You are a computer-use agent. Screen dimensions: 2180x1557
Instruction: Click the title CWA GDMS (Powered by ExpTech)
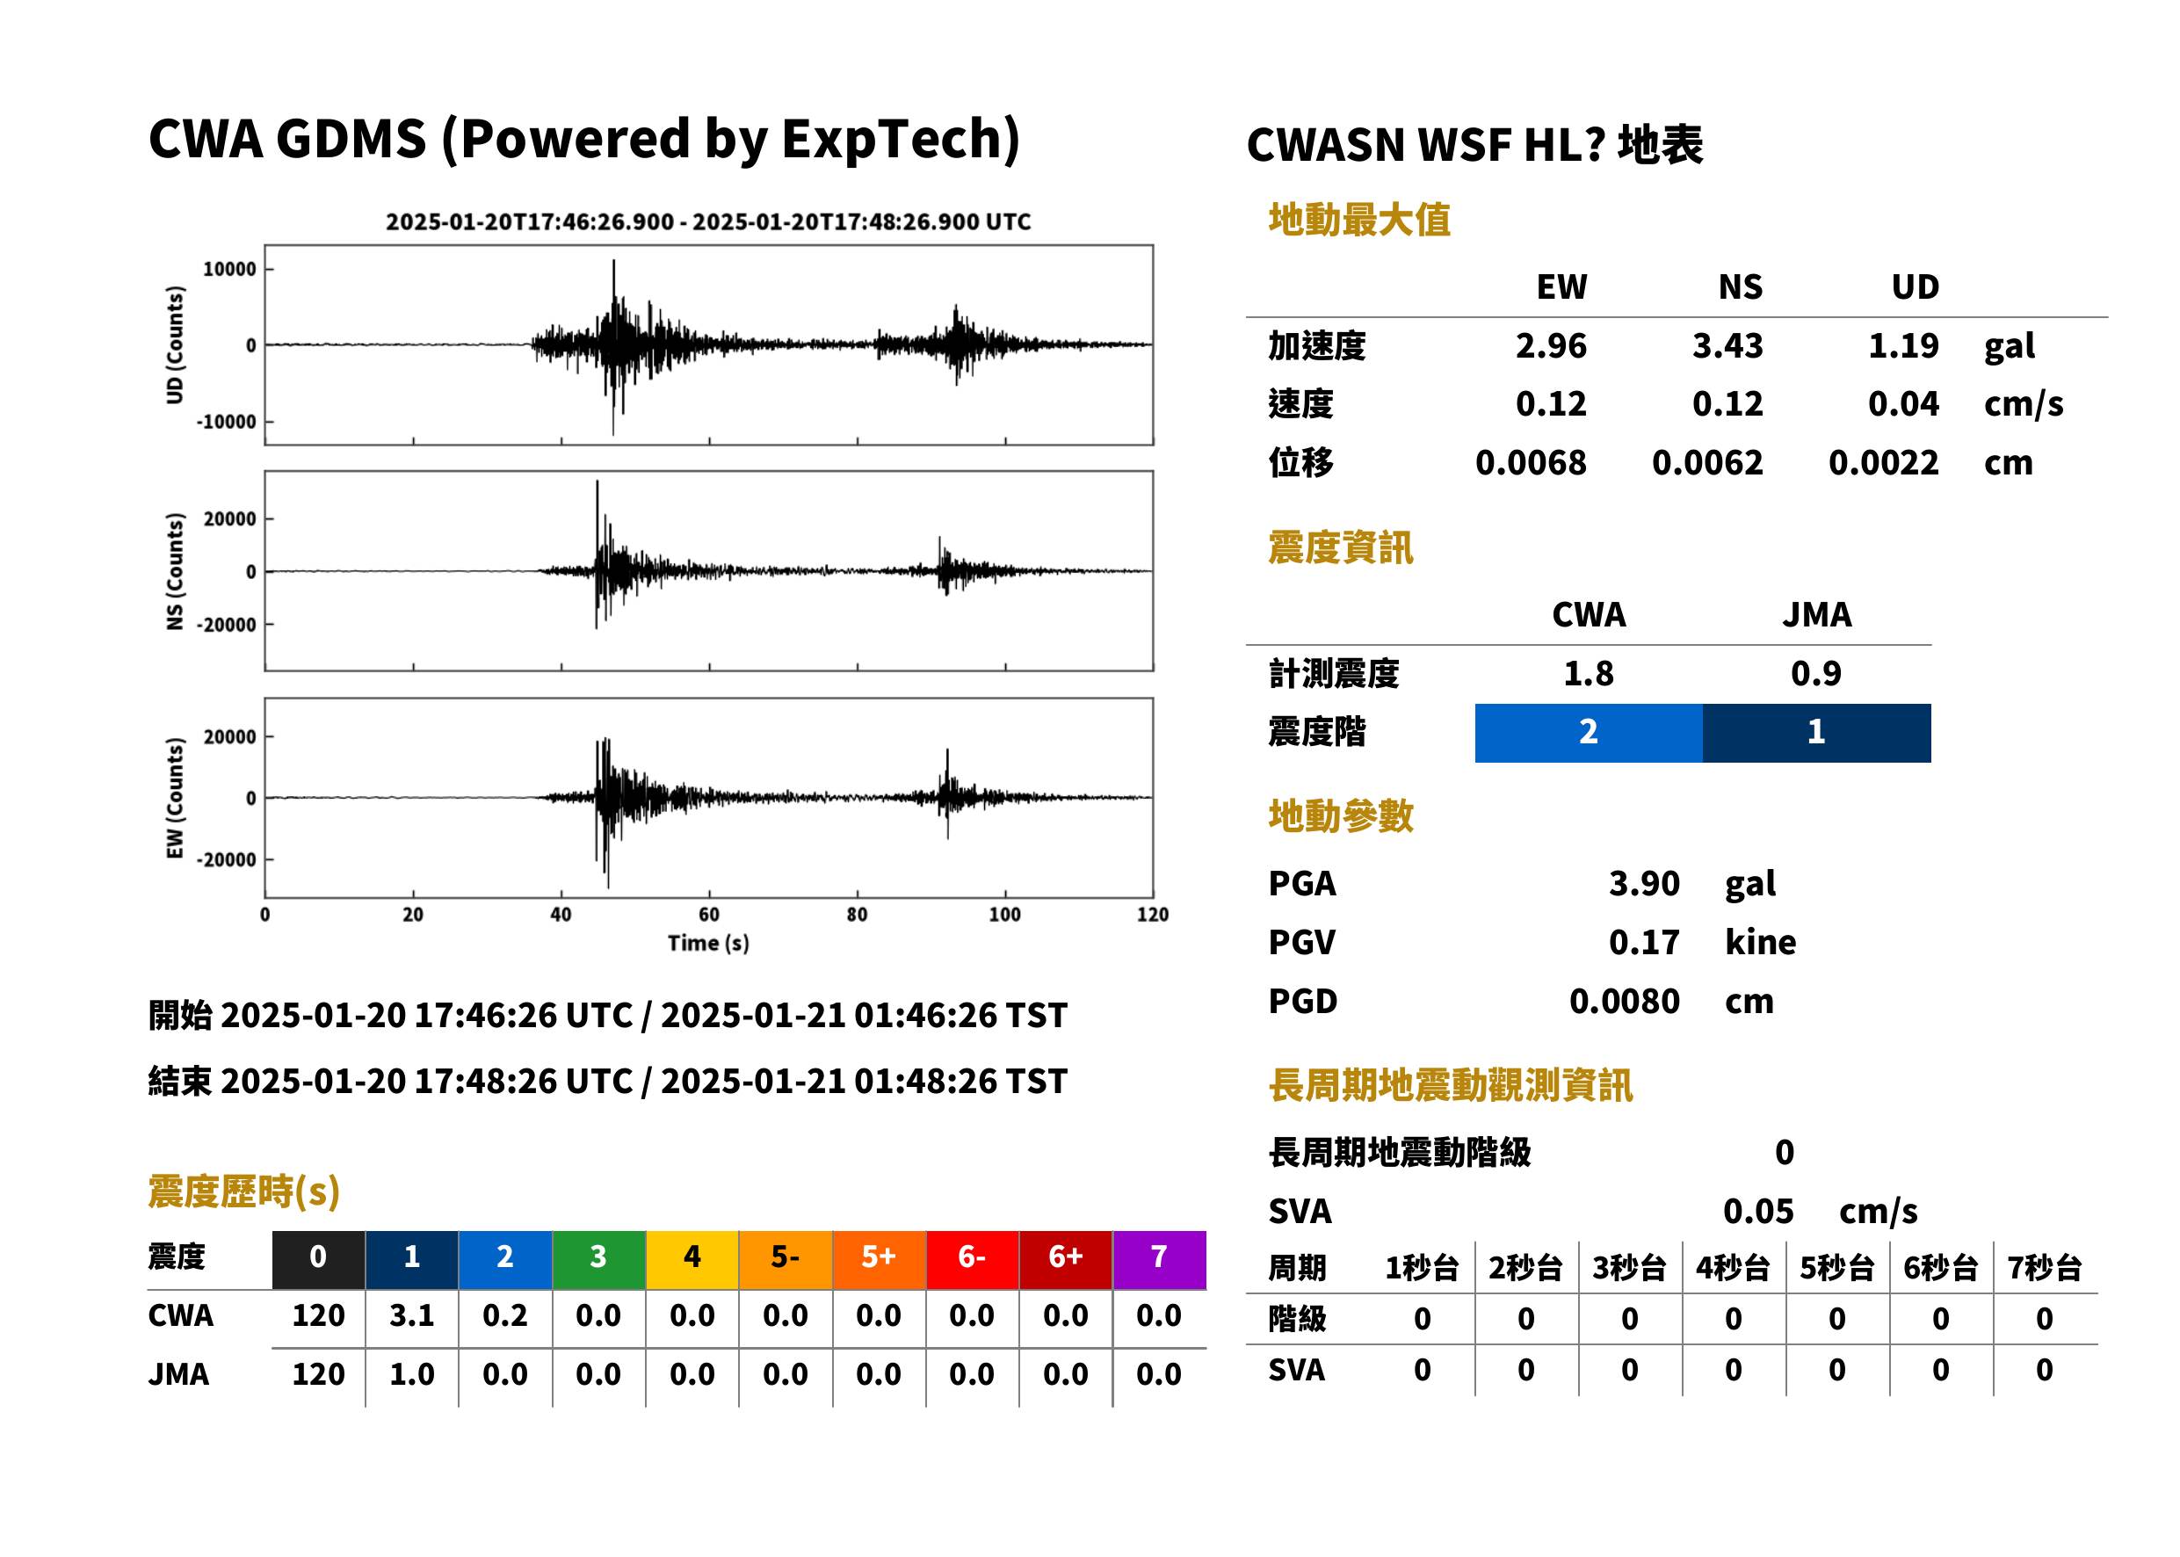click(x=583, y=139)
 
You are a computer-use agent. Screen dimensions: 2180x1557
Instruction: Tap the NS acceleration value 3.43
click(x=1727, y=345)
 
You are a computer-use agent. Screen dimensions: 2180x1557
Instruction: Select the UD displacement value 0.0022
click(x=1884, y=463)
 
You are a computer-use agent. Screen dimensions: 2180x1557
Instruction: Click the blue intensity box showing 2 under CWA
click(x=1589, y=733)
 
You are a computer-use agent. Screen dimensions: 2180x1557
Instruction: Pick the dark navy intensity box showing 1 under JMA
click(x=1817, y=733)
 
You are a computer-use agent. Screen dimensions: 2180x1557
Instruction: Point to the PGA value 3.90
click(x=1644, y=883)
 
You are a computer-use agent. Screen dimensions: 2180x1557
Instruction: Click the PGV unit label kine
click(x=1760, y=943)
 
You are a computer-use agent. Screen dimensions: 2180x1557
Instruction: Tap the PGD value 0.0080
click(x=1625, y=1002)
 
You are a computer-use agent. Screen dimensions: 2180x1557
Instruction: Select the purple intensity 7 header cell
click(x=1159, y=1259)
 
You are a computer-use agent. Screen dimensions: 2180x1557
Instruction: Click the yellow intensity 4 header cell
click(x=692, y=1259)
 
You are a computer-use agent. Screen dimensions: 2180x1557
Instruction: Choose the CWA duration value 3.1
click(x=412, y=1315)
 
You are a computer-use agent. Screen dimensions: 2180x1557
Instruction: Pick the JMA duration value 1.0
click(x=412, y=1375)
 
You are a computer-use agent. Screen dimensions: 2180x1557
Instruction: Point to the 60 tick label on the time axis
click(x=708, y=915)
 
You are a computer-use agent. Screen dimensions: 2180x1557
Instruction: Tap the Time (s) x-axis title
click(x=708, y=944)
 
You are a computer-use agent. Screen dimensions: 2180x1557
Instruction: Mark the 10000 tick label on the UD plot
click(x=230, y=270)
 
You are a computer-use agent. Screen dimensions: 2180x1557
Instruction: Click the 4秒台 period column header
click(x=1734, y=1269)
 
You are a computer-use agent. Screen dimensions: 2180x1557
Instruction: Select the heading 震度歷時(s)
click(x=243, y=1191)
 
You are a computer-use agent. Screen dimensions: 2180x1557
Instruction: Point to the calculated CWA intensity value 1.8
click(x=1589, y=674)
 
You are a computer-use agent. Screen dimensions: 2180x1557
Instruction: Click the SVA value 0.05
click(x=1758, y=1212)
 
